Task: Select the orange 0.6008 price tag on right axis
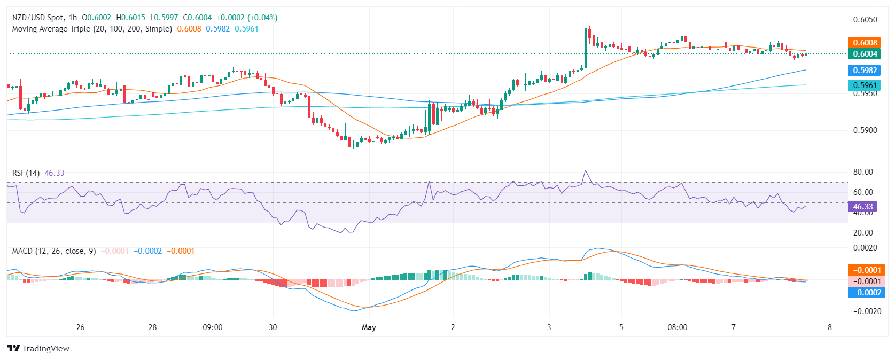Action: (x=865, y=43)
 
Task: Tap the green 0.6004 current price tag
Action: (x=865, y=54)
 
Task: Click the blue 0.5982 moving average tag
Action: (x=865, y=71)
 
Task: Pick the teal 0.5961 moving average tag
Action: (x=865, y=85)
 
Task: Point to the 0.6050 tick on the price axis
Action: (x=865, y=20)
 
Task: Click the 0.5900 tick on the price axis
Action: (x=865, y=130)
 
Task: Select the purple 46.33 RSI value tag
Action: (x=862, y=207)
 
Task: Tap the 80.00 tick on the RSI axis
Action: (x=863, y=172)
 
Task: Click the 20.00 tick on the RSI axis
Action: (x=863, y=233)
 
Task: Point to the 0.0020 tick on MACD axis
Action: (x=865, y=248)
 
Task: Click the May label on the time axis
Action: (x=369, y=327)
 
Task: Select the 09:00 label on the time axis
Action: (x=213, y=327)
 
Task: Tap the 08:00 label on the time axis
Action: (x=677, y=327)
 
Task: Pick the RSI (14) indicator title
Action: (x=26, y=173)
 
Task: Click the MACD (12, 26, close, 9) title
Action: (x=54, y=251)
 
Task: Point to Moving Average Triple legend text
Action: (x=92, y=29)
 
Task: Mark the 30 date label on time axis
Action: (x=273, y=327)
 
